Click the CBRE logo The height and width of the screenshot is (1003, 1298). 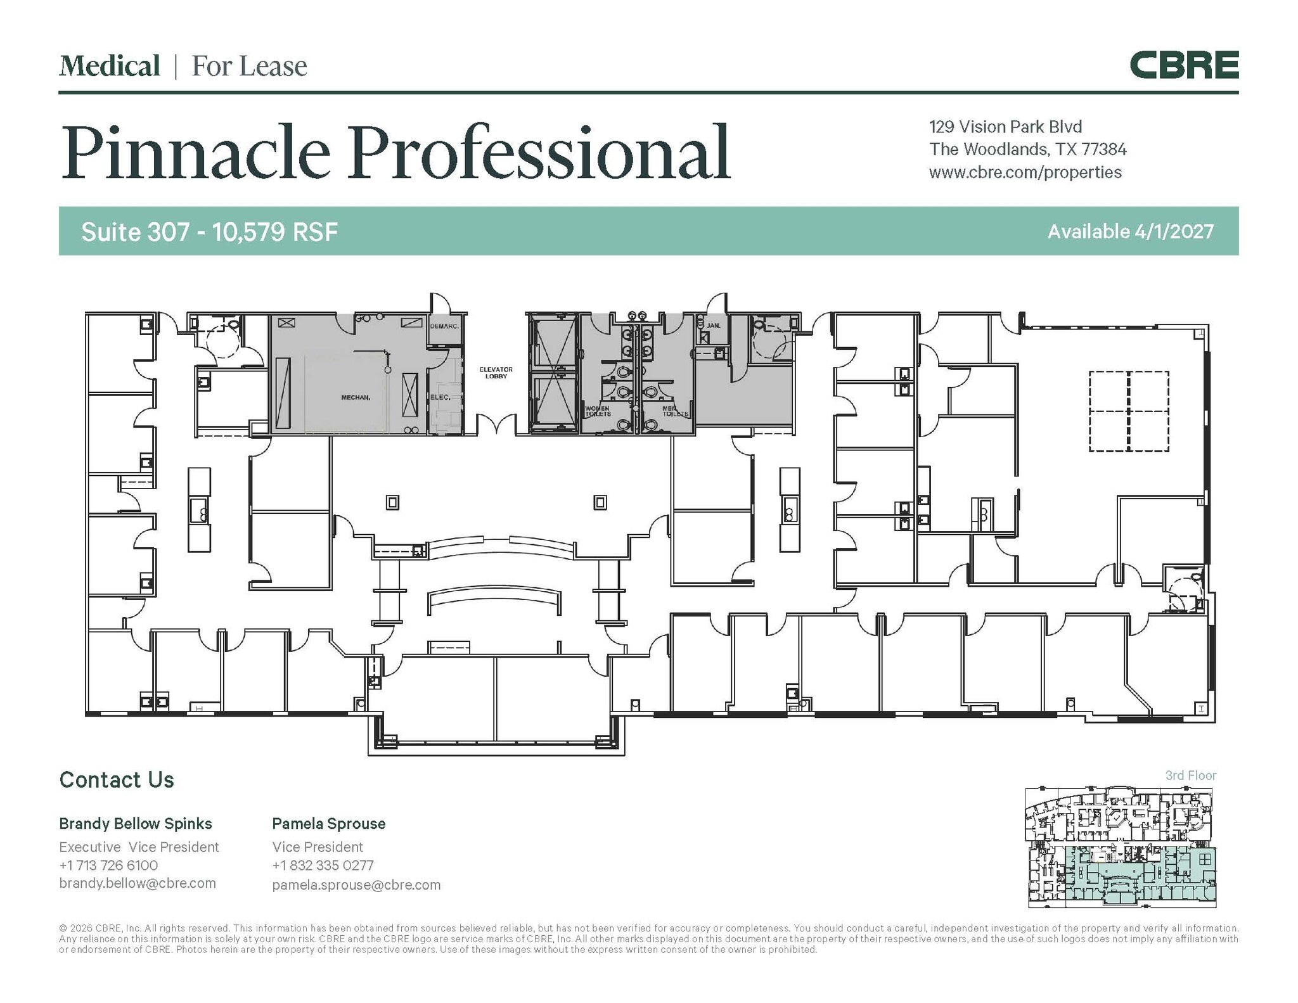[x=1183, y=66]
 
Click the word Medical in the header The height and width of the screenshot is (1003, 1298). [x=110, y=66]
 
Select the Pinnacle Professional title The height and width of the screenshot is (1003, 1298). [x=395, y=152]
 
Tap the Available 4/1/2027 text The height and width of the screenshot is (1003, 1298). [x=1130, y=231]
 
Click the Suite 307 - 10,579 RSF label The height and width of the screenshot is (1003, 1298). [x=209, y=232]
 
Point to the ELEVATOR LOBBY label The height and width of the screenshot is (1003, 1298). [x=496, y=373]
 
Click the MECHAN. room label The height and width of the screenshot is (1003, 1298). [x=356, y=397]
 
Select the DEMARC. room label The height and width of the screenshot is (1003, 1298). [x=444, y=326]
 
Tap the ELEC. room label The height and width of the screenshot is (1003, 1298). [x=440, y=397]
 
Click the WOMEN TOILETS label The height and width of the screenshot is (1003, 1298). [x=597, y=411]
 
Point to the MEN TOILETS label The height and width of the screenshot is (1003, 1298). [x=674, y=411]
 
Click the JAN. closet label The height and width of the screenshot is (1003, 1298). [x=714, y=326]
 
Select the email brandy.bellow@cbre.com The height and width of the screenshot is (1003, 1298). [x=138, y=883]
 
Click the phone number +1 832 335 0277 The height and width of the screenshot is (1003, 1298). [x=323, y=866]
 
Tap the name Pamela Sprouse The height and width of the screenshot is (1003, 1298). [x=328, y=824]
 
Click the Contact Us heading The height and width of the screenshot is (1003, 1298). [x=117, y=780]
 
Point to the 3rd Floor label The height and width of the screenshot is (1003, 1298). [x=1191, y=776]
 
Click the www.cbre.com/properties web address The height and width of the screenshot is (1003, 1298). [x=1025, y=172]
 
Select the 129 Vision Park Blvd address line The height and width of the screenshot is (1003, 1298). [x=1005, y=127]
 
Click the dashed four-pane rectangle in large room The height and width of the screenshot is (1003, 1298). [x=1129, y=411]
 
